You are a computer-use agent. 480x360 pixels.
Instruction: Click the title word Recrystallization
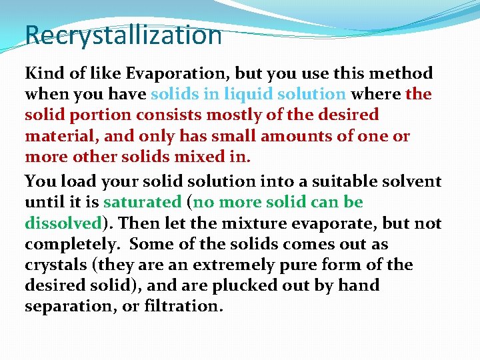[123, 35]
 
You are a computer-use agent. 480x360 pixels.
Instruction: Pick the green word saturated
[142, 202]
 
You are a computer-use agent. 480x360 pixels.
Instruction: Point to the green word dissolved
[63, 223]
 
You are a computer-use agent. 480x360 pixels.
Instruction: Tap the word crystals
[58, 265]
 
